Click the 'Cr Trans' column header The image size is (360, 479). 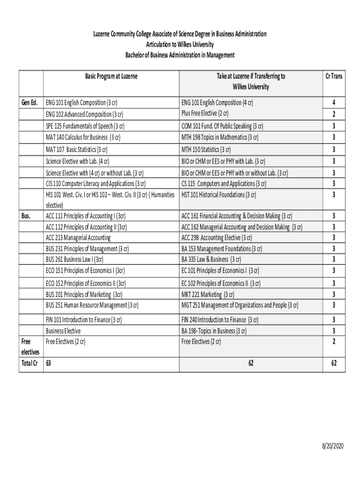[x=333, y=76]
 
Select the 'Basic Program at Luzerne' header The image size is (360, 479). [x=111, y=76]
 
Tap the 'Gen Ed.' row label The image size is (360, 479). [x=29, y=102]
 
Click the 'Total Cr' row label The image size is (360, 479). [x=29, y=363]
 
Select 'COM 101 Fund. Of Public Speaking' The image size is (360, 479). [x=222, y=126]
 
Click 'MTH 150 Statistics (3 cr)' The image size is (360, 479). [x=206, y=150]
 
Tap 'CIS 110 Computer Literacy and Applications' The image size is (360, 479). [x=95, y=183]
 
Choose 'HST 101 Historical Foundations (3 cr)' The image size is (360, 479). [x=218, y=195]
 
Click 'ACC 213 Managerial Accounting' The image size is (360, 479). [x=78, y=237]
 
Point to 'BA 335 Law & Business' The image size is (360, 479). [x=211, y=259]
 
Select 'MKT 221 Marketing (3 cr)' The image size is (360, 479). [x=208, y=294]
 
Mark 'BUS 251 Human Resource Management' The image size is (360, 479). [x=92, y=305]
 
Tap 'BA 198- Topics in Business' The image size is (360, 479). [x=214, y=331]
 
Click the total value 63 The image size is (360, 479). [x=49, y=363]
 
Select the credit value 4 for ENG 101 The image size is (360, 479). [x=333, y=102]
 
